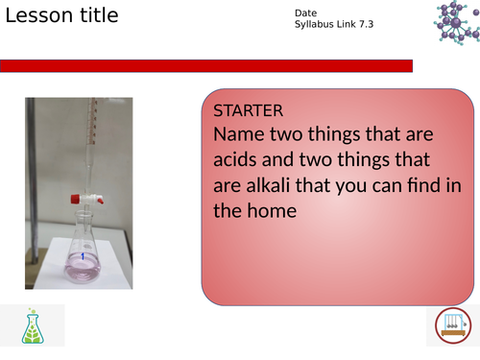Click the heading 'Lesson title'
pos(62,16)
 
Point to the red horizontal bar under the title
pos(206,65)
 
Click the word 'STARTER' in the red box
pos(248,110)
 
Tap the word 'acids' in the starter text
pos(239,159)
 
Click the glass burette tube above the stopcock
pos(85,144)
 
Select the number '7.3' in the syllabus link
pos(366,24)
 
